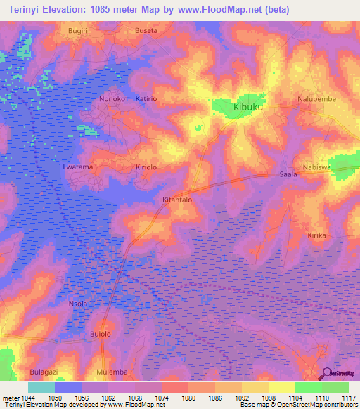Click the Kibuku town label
coord(252,108)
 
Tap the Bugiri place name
coord(78,32)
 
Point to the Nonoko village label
coord(112,99)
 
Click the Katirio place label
coord(147,99)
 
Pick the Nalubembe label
coord(316,99)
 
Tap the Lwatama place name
coord(78,167)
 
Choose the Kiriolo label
coord(148,167)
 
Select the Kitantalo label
coord(177,200)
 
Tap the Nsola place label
coord(78,304)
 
